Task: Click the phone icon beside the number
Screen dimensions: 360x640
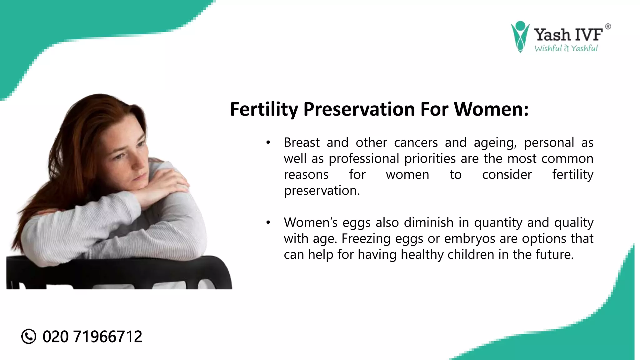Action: coord(29,337)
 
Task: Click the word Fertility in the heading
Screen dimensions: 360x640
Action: coord(264,109)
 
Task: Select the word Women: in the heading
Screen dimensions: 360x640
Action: coord(491,109)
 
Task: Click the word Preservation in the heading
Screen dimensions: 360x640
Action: coord(359,109)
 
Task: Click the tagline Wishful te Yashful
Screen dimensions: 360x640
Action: coord(566,48)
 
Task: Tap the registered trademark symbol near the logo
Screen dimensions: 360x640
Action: coord(608,27)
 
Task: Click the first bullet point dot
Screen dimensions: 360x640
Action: coord(268,143)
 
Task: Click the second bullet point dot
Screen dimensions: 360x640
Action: coord(268,223)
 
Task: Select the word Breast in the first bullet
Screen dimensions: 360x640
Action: coord(302,143)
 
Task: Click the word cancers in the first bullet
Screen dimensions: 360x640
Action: coord(416,143)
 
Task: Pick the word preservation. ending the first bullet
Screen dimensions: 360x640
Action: coord(322,191)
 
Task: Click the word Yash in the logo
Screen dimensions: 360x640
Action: coord(552,35)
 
